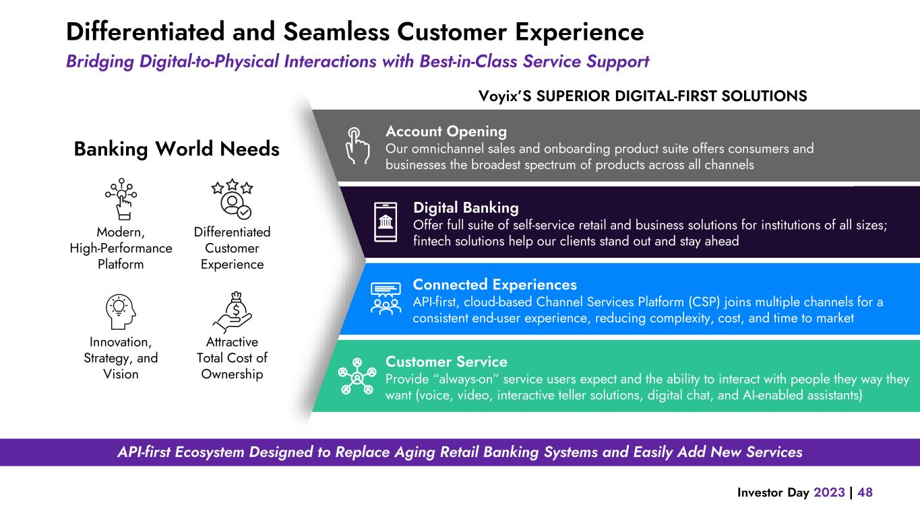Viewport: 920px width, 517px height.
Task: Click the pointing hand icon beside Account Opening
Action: [357, 145]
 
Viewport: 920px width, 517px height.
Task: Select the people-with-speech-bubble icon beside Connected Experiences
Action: [385, 299]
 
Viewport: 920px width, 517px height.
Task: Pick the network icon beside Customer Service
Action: [357, 376]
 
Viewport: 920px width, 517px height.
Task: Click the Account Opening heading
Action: [446, 131]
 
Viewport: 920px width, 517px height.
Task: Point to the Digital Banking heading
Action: [466, 207]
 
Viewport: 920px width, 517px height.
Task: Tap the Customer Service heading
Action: [446, 362]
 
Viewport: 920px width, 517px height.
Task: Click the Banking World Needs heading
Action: [177, 149]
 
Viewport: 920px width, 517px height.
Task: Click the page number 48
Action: [865, 492]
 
